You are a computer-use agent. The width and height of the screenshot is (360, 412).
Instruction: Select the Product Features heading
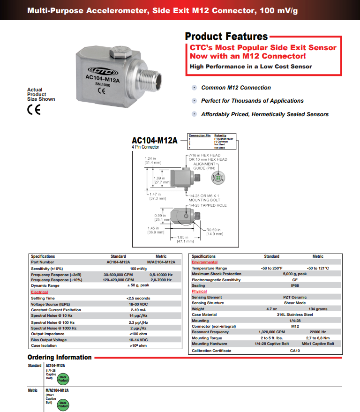[226, 37]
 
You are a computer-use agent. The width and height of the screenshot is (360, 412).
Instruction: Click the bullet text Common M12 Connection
[236, 88]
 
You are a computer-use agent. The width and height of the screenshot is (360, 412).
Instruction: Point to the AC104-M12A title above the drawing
[154, 140]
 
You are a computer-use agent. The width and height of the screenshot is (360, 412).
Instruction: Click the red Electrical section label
[39, 292]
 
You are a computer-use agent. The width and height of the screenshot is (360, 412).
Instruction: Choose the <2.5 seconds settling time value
[138, 298]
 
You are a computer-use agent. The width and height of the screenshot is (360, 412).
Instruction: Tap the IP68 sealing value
[295, 285]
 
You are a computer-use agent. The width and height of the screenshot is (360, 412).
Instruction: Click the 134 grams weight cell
[318, 309]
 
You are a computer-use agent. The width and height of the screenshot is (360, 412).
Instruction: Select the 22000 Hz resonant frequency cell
[318, 332]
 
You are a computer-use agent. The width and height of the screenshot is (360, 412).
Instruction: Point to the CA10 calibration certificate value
[295, 351]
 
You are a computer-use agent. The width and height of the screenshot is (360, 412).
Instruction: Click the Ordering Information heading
[60, 357]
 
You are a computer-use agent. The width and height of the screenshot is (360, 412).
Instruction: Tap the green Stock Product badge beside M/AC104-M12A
[63, 405]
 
